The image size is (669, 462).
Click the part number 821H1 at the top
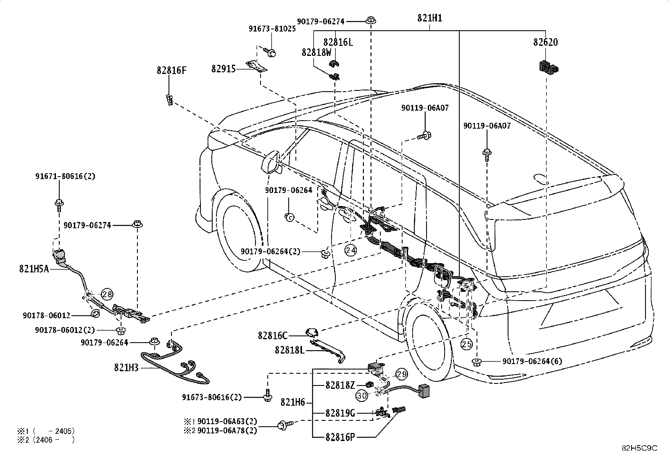pos(429,18)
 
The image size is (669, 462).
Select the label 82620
pos(545,42)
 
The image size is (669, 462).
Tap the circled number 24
pos(350,250)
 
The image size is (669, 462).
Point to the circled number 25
pos(466,344)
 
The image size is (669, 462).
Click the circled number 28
pos(107,294)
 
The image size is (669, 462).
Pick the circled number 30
pos(362,396)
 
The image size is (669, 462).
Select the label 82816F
pos(171,71)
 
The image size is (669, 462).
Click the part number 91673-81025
pos(272,29)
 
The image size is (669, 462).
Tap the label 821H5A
pos(34,269)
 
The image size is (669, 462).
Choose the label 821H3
pos(126,367)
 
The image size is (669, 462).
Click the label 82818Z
pos(340,385)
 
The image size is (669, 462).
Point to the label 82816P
pos(340,438)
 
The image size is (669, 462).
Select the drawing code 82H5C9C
pos(640,448)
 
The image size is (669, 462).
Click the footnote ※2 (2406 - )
pos(46,440)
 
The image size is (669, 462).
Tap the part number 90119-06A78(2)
pos(227,430)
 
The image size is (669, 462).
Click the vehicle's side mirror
pos(271,162)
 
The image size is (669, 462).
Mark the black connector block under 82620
pos(549,67)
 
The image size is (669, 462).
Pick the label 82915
pos(224,69)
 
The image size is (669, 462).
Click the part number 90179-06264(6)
pos(532,361)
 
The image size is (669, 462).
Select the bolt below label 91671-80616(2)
pos(59,204)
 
